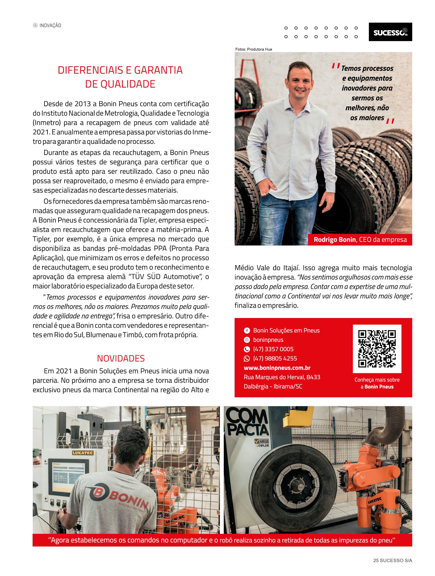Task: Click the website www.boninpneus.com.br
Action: (x=277, y=368)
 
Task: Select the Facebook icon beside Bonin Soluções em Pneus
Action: (x=247, y=331)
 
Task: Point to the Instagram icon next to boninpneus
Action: (x=247, y=340)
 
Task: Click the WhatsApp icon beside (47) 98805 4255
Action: (x=247, y=358)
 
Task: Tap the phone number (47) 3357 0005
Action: (x=273, y=349)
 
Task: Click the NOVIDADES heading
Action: (x=121, y=358)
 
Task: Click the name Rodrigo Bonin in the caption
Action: (x=334, y=240)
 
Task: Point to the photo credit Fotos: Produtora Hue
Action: (x=253, y=49)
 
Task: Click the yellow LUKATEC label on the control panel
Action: (x=83, y=453)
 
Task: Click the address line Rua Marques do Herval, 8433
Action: (x=282, y=377)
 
